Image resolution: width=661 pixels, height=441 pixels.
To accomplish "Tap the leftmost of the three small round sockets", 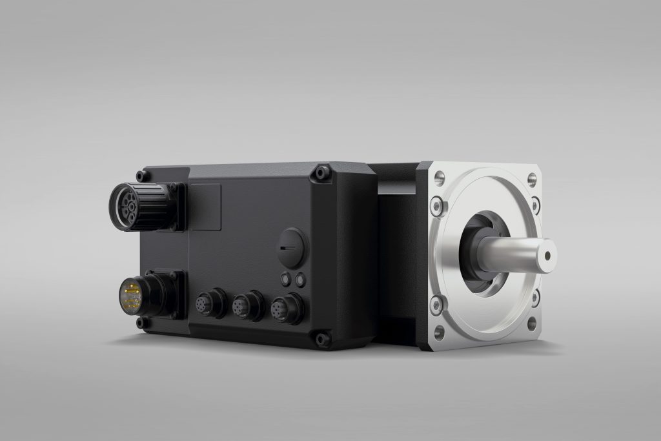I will [210, 302].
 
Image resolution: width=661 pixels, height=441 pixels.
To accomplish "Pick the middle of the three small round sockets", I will [247, 304].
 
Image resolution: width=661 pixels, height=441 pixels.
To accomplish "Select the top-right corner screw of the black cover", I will [321, 173].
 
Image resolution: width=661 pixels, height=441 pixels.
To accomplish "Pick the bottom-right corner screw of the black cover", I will [321, 337].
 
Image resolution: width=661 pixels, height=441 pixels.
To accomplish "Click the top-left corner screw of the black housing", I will [140, 176].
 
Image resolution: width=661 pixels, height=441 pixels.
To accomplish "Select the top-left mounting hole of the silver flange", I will [440, 176].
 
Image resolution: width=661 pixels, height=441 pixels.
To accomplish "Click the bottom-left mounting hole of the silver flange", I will [439, 333].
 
